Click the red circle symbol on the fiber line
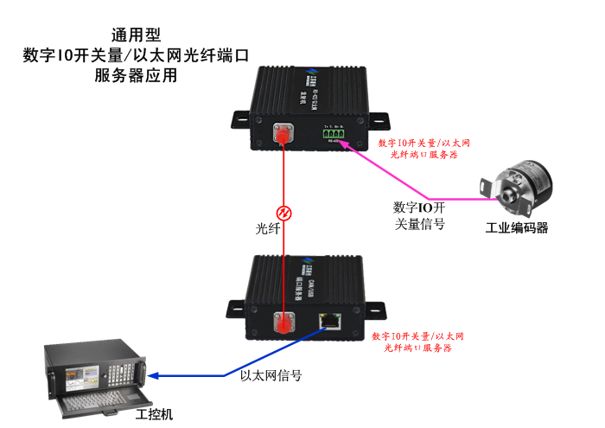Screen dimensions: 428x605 click(x=282, y=213)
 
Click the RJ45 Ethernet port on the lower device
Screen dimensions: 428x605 click(x=330, y=320)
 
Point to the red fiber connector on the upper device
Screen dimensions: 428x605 click(x=281, y=135)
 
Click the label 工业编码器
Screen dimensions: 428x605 click(x=517, y=228)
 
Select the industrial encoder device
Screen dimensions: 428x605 click(x=518, y=185)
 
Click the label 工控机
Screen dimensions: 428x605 click(x=155, y=414)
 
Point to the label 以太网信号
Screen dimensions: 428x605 click(x=271, y=376)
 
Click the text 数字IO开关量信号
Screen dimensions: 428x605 click(x=419, y=215)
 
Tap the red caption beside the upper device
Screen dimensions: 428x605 click(x=423, y=148)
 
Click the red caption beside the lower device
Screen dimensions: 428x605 click(x=419, y=341)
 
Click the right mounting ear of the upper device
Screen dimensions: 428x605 click(x=380, y=116)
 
